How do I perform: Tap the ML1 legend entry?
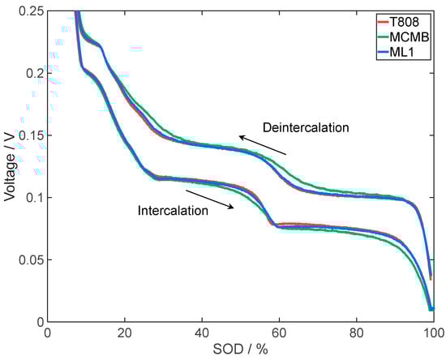[410, 53]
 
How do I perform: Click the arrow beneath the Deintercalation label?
[262, 145]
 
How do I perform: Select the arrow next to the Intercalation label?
[210, 199]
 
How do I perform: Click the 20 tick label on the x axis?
[125, 333]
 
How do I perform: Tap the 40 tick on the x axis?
[202, 333]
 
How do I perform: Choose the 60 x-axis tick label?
[279, 333]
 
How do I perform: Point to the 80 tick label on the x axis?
[356, 333]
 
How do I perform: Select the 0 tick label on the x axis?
[48, 333]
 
